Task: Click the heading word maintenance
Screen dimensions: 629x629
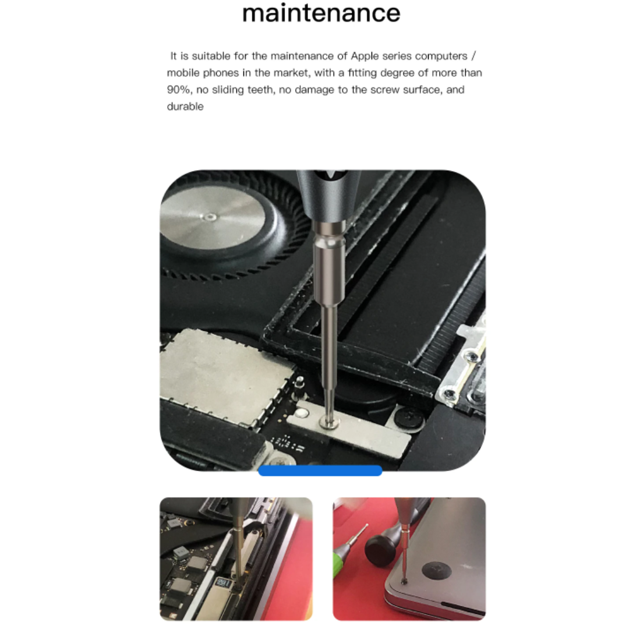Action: tap(321, 13)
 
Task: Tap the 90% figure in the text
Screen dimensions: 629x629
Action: tap(179, 90)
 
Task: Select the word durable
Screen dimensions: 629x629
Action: tap(185, 107)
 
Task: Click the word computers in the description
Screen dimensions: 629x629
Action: tap(441, 56)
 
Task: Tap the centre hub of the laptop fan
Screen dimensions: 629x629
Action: tap(209, 217)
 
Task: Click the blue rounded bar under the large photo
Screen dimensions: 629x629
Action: tap(320, 471)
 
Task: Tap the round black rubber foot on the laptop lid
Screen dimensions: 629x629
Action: tap(436, 570)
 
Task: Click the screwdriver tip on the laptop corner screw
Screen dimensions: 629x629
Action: tap(404, 580)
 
